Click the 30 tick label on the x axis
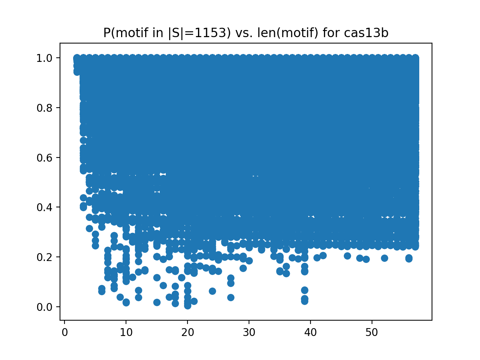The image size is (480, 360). (x=249, y=333)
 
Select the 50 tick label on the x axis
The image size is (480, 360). (x=372, y=333)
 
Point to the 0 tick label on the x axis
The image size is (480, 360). (x=64, y=333)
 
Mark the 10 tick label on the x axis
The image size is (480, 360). (x=126, y=333)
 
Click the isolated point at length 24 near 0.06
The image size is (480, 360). (x=212, y=291)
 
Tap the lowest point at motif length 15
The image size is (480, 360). (x=157, y=302)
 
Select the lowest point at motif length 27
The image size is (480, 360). (x=231, y=297)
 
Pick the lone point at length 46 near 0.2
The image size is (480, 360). (x=347, y=256)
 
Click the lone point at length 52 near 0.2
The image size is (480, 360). (x=384, y=258)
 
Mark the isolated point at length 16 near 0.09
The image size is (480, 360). (x=163, y=285)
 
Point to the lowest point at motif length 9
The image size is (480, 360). (x=120, y=297)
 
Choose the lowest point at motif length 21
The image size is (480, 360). (x=194, y=301)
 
